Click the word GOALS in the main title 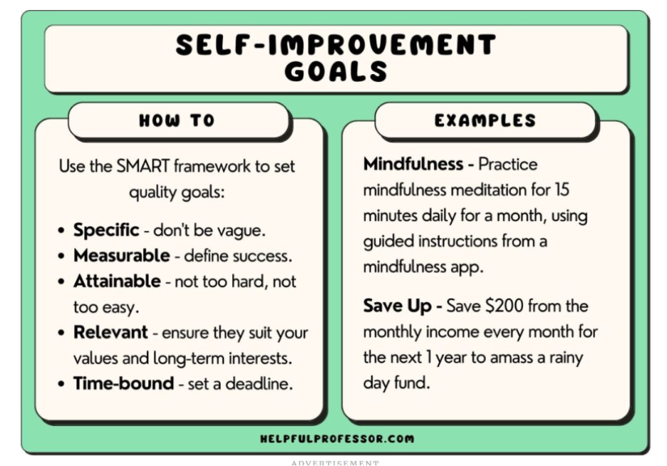[336, 71]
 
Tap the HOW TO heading [177, 120]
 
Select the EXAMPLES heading [485, 120]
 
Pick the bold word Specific [106, 229]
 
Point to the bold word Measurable [121, 255]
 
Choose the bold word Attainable [117, 281]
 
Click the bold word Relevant [110, 332]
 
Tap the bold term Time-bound [123, 383]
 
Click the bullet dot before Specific [62, 230]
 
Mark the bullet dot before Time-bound [62, 384]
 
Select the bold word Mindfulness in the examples [413, 164]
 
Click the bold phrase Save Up [397, 306]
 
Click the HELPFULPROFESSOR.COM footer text [337, 439]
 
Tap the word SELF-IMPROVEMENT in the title [336, 45]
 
